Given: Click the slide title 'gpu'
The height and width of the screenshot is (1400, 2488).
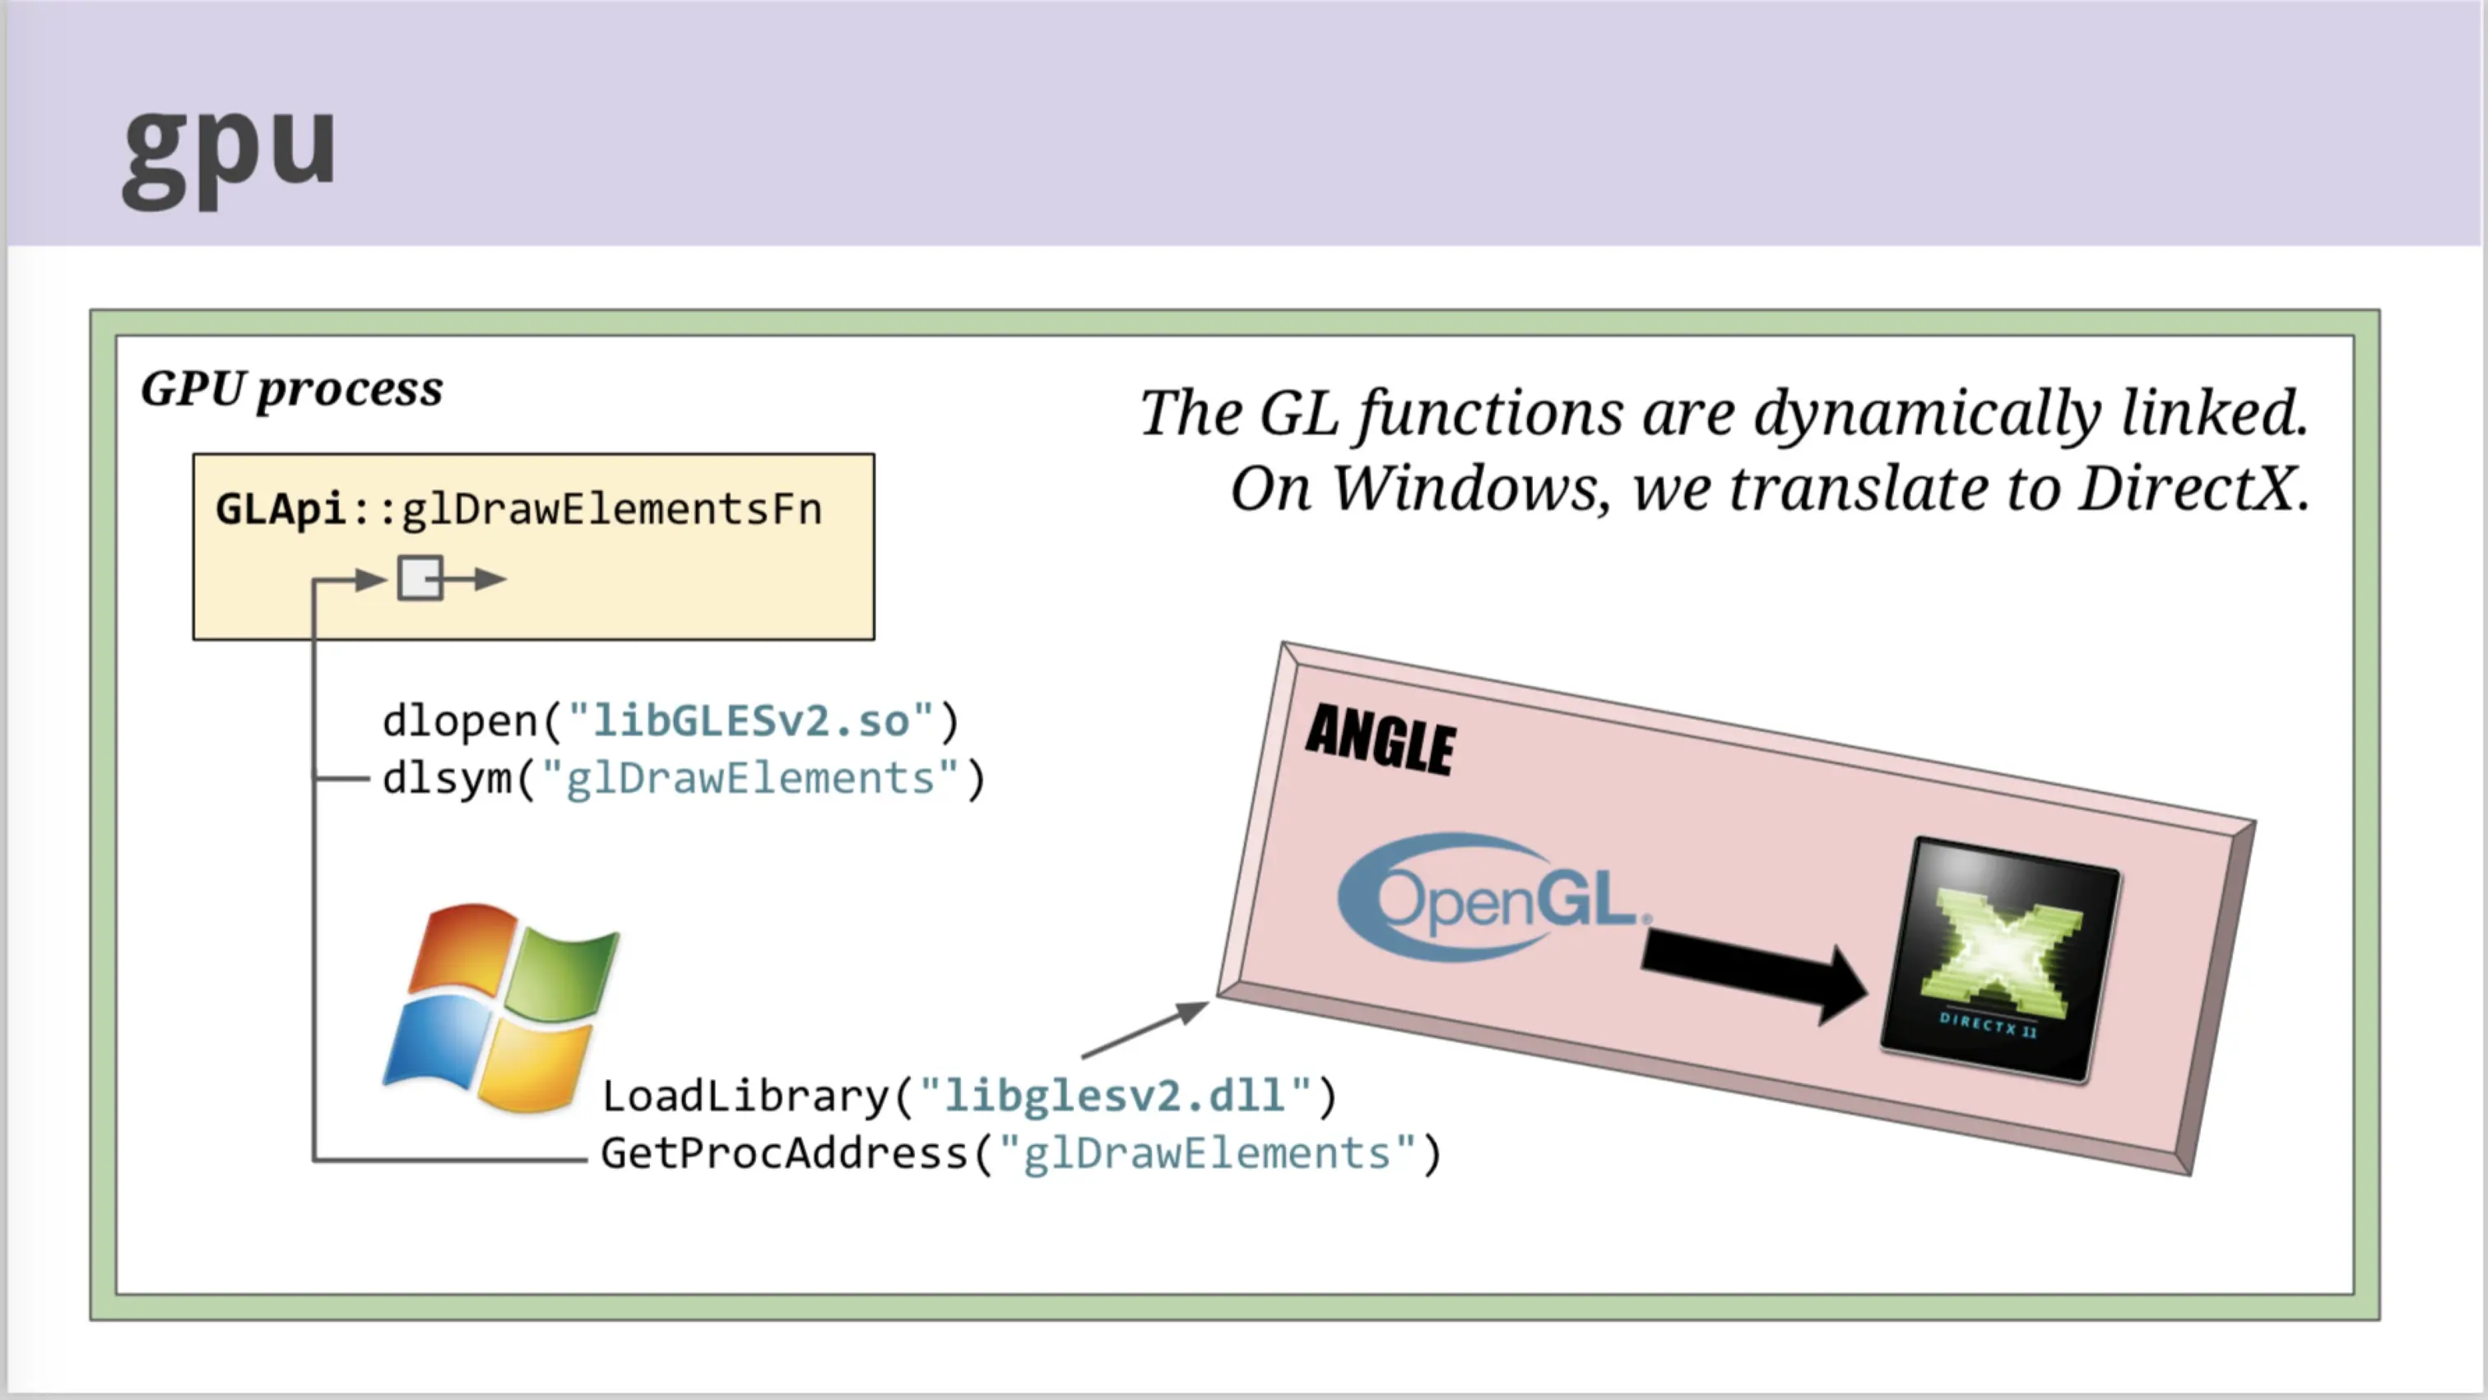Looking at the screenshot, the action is point(229,155).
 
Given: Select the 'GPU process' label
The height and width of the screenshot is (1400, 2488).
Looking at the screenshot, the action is point(292,390).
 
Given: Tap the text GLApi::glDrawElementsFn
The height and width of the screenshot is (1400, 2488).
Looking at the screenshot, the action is point(518,509).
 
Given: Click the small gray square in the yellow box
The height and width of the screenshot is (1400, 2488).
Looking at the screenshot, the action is point(420,578).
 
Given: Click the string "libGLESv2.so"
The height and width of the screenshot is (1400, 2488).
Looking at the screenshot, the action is point(751,721).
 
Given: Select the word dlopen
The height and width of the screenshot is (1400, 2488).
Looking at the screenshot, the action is point(460,721).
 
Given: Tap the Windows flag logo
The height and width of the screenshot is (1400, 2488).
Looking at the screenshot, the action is point(500,1006).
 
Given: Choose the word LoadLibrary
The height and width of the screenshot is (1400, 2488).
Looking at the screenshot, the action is point(745,1096).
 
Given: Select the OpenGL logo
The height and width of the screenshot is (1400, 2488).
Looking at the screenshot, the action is point(1493,897).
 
